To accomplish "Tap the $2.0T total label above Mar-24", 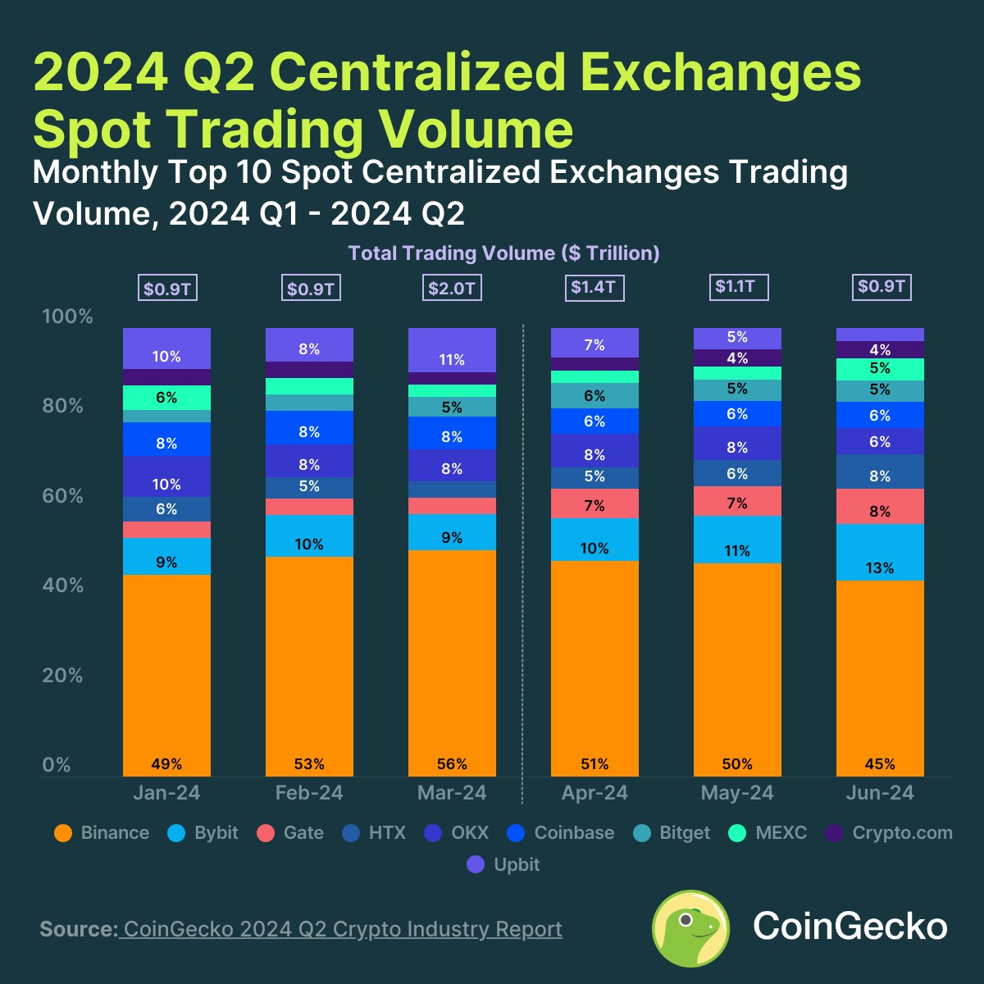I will click(452, 289).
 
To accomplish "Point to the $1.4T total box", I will click(594, 288).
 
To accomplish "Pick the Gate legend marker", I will click(266, 833).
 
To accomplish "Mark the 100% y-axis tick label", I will click(67, 317).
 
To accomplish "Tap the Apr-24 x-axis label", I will click(594, 793).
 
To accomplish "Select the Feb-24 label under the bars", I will click(309, 793).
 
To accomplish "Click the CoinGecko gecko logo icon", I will click(690, 927).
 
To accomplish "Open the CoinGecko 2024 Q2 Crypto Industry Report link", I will click(341, 929).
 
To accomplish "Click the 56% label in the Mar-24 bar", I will click(452, 764).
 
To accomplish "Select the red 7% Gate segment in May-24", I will click(737, 501).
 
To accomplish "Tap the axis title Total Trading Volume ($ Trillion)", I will click(503, 253).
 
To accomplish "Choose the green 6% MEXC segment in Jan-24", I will click(166, 398).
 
